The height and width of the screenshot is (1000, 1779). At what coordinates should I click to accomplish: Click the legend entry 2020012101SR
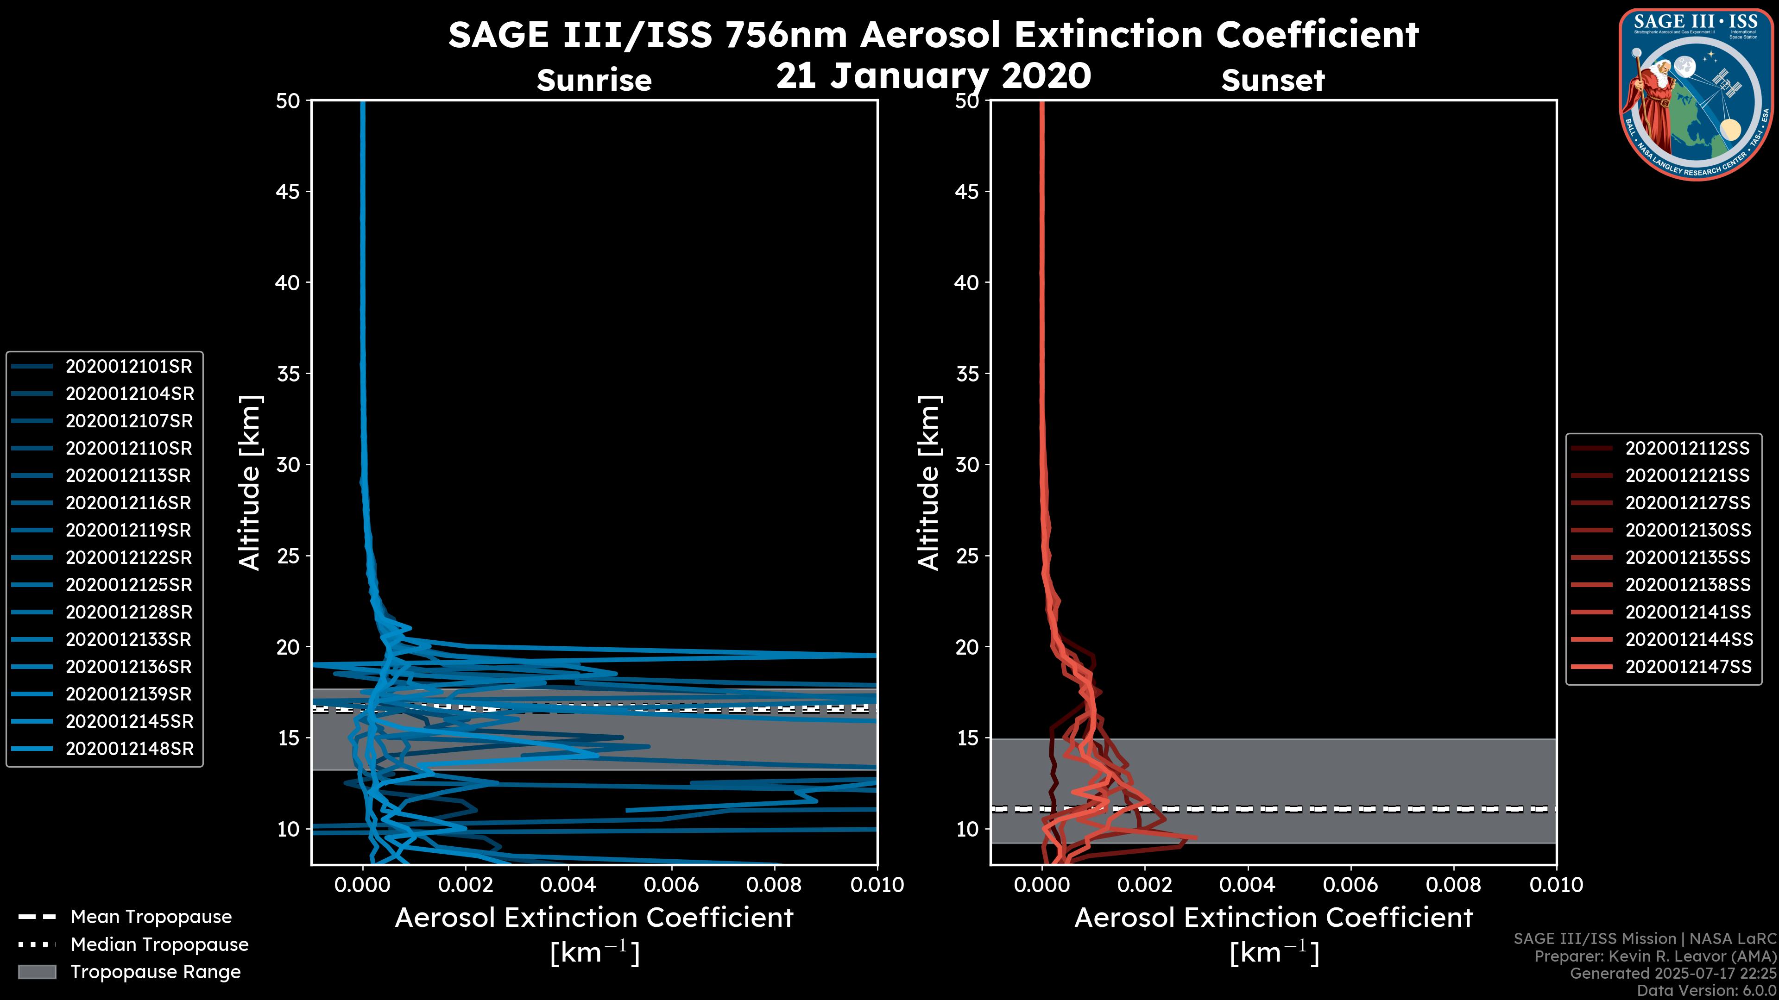pos(128,367)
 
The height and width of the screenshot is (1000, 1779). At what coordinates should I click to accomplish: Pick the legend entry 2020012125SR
pos(128,585)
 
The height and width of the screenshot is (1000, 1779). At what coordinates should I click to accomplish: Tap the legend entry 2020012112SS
pos(1687,449)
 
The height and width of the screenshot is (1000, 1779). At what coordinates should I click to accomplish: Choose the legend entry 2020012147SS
pos(1688,667)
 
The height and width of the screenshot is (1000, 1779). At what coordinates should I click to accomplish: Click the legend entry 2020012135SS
pos(1688,557)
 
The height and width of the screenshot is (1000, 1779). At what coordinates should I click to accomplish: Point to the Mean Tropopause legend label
pos(151,917)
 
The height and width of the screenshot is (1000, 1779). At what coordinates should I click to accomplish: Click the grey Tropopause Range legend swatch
pos(37,972)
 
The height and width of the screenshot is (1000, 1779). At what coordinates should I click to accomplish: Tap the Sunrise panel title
pos(594,80)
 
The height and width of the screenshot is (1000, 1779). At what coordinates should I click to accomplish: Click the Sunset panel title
pos(1273,80)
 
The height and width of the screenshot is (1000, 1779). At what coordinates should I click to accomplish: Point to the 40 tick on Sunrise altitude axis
pos(288,282)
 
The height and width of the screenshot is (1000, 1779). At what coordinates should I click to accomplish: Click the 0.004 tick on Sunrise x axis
pos(568,885)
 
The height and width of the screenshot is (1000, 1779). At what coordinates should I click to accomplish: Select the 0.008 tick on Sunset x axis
pos(1454,885)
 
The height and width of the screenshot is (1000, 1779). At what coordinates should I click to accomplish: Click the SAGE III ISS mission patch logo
pos(1696,94)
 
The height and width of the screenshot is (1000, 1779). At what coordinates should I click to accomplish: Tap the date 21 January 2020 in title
pos(933,76)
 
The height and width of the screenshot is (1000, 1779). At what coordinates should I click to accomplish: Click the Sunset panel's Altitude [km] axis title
pos(929,483)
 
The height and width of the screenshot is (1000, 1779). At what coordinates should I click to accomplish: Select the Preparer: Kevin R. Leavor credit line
pos(1655,956)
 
